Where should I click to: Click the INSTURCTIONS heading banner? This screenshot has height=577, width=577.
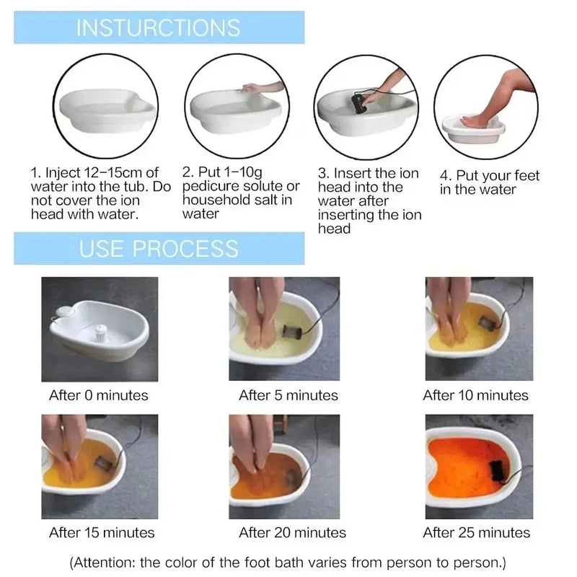click(x=159, y=27)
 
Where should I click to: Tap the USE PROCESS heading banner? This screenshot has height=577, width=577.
click(x=159, y=249)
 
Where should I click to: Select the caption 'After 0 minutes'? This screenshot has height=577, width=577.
click(x=99, y=395)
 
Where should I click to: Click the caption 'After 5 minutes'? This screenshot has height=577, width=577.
click(x=288, y=395)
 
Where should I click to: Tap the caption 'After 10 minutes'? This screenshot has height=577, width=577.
click(x=475, y=395)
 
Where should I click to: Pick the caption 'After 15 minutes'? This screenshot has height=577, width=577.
click(x=102, y=533)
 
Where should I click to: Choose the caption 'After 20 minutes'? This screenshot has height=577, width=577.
click(x=292, y=533)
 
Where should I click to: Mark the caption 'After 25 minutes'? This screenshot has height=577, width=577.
click(x=476, y=533)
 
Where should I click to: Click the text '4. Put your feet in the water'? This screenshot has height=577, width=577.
click(x=489, y=182)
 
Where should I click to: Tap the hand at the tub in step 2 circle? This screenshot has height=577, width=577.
click(x=254, y=88)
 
